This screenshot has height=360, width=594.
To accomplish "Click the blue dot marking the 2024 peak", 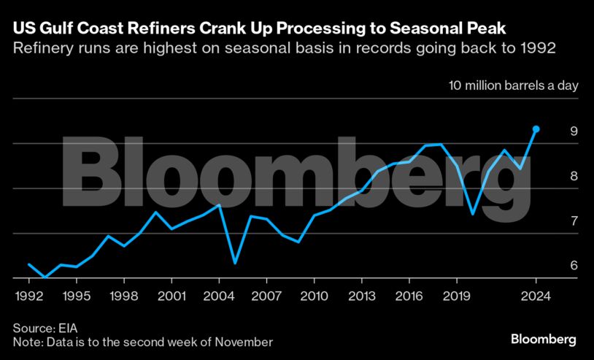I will (x=536, y=129).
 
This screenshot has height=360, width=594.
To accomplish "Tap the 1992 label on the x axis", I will (x=29, y=298).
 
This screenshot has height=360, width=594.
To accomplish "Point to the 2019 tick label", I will (x=456, y=298).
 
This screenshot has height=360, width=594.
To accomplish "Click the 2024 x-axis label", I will (x=536, y=298).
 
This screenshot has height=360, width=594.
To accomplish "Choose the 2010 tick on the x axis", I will (x=314, y=298).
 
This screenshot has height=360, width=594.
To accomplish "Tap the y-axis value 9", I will (x=574, y=131).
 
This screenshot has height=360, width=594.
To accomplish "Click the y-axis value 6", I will (x=574, y=266).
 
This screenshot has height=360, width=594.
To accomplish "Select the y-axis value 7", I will (x=574, y=221).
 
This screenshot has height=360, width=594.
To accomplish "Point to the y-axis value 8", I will (x=574, y=176).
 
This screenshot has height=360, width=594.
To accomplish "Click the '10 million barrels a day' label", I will (x=513, y=85).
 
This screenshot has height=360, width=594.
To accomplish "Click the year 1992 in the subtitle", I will (x=538, y=50).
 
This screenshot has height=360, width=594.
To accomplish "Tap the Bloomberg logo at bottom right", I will (x=544, y=339).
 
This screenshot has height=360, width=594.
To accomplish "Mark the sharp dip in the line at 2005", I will (x=234, y=263).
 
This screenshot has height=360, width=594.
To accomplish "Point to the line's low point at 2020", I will (x=472, y=214).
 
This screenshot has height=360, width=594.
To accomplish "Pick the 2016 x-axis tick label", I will (x=409, y=298).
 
